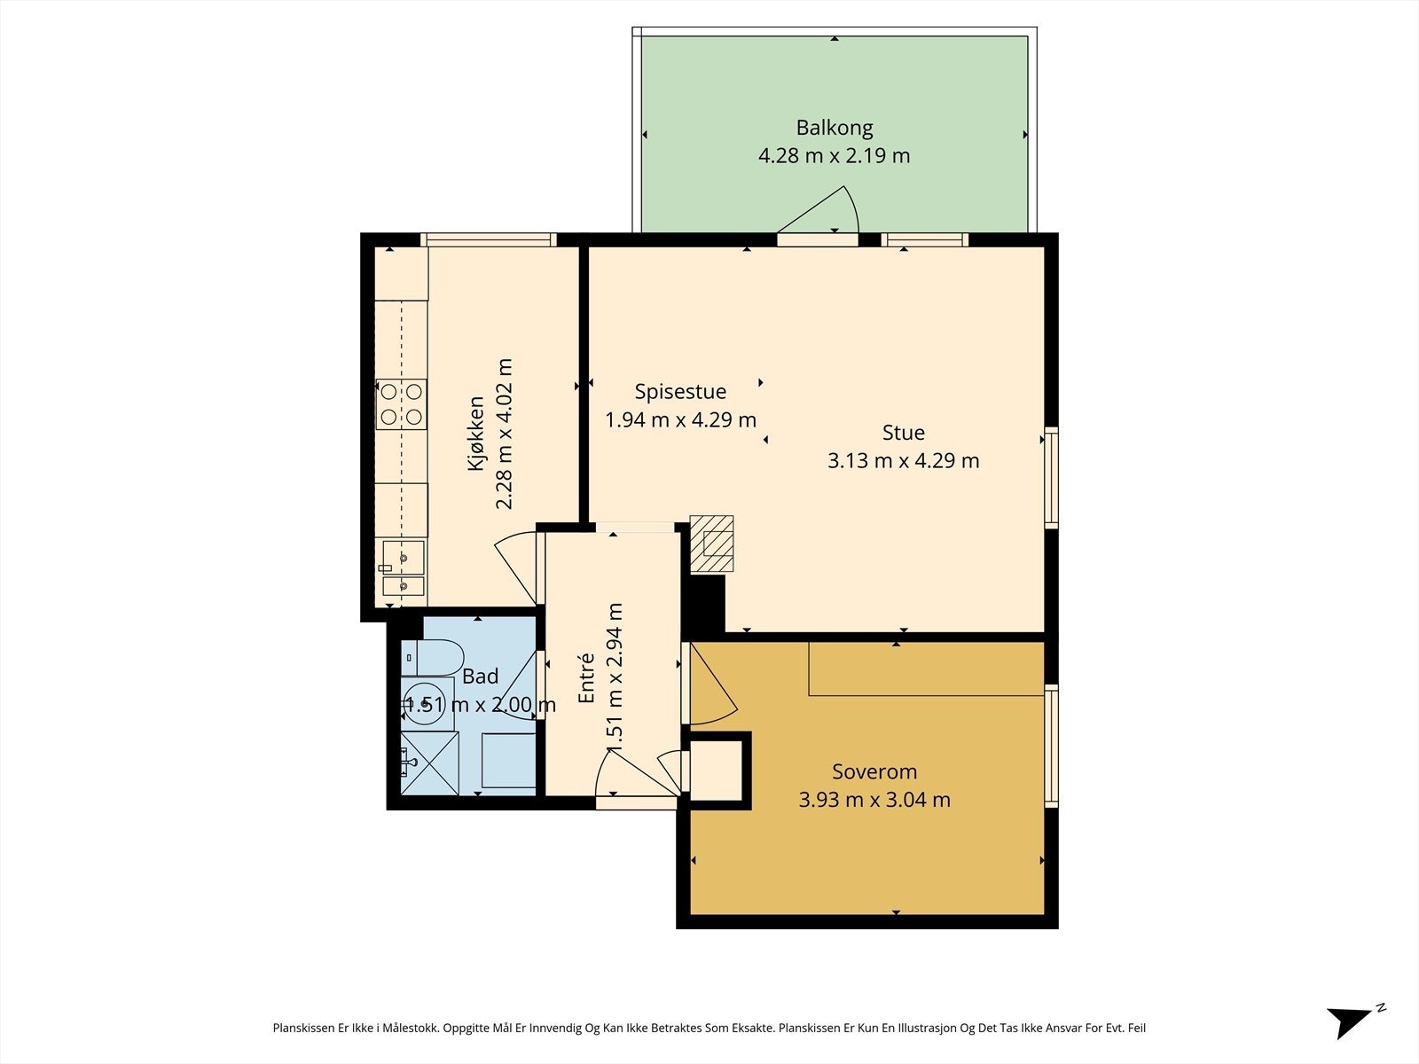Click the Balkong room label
coord(834,128)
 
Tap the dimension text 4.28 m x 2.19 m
coord(834,156)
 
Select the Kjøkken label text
coord(475,434)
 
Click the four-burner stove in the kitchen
coord(402,404)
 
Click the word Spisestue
coord(680,392)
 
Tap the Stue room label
coord(903,432)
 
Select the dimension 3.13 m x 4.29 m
coord(903,460)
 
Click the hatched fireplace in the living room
coord(712,544)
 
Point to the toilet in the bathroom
coord(432,658)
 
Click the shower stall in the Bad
coord(429,763)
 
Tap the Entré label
coord(585,677)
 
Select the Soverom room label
coord(874,771)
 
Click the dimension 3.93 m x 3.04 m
coord(874,800)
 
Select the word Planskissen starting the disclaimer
coord(304,1028)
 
